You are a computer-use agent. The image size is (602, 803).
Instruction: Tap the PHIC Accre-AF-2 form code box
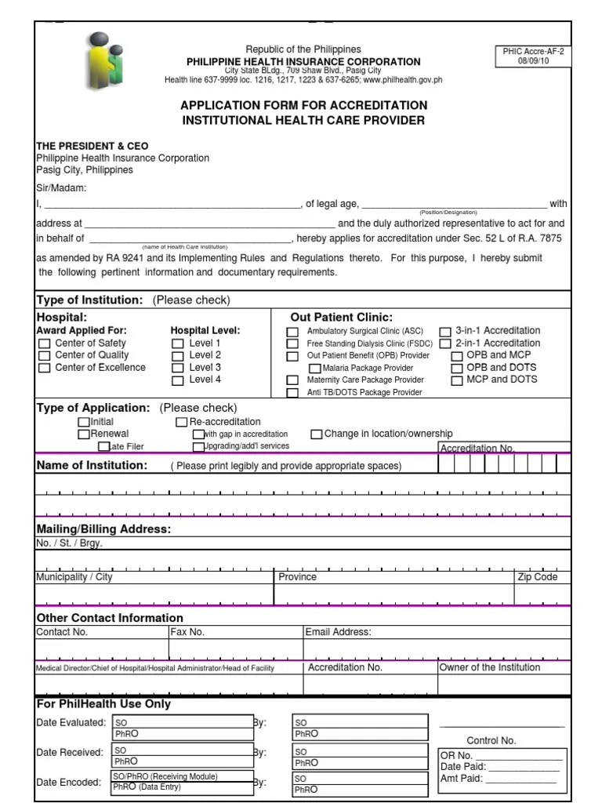click(533, 56)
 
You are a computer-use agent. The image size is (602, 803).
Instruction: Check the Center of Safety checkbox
click(45, 343)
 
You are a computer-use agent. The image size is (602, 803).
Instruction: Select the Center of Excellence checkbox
click(45, 368)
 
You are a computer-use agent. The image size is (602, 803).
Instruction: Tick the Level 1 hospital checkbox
click(178, 343)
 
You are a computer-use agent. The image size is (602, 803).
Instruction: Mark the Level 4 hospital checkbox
click(178, 380)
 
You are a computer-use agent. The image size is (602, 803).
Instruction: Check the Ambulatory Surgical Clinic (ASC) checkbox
click(292, 332)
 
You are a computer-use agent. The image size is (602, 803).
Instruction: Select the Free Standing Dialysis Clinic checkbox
click(292, 344)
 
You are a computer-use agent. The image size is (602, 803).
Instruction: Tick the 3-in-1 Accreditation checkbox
click(444, 332)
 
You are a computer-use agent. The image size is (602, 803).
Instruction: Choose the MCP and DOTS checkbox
click(457, 380)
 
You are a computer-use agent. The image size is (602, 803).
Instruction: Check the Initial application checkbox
click(84, 422)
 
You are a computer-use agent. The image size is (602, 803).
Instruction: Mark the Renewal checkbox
click(84, 434)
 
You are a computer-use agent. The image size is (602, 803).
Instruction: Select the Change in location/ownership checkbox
click(317, 434)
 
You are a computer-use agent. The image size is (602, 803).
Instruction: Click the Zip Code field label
click(537, 577)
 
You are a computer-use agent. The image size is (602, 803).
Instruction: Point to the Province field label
click(298, 577)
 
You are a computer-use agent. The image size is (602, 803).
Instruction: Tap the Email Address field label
click(338, 632)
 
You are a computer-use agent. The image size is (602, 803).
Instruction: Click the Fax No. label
click(187, 632)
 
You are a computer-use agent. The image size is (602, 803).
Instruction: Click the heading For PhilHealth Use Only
click(103, 703)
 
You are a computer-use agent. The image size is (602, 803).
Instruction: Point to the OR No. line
click(501, 756)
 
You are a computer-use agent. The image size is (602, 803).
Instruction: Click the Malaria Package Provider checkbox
click(315, 368)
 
